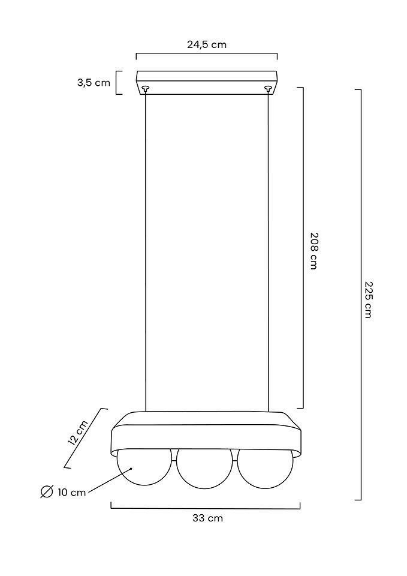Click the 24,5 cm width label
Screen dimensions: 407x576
207,44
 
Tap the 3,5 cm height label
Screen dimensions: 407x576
94,83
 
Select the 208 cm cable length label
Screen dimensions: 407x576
313,251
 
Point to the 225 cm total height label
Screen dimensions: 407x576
368,299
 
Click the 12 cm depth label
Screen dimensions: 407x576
78,433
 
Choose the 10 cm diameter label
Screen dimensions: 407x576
71,492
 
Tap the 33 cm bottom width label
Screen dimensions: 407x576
208,518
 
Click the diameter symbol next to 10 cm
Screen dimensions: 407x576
47,491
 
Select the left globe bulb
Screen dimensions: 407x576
144,467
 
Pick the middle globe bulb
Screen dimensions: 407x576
204,469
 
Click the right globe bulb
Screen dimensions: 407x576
266,469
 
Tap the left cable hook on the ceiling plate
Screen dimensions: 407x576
146,89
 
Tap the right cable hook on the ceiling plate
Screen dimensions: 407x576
269,89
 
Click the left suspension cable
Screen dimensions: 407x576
146,251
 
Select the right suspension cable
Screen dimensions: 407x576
269,251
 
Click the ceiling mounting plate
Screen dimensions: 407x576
207,83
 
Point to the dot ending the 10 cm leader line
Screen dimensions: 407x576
131,469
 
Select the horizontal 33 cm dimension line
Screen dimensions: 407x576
206,508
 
